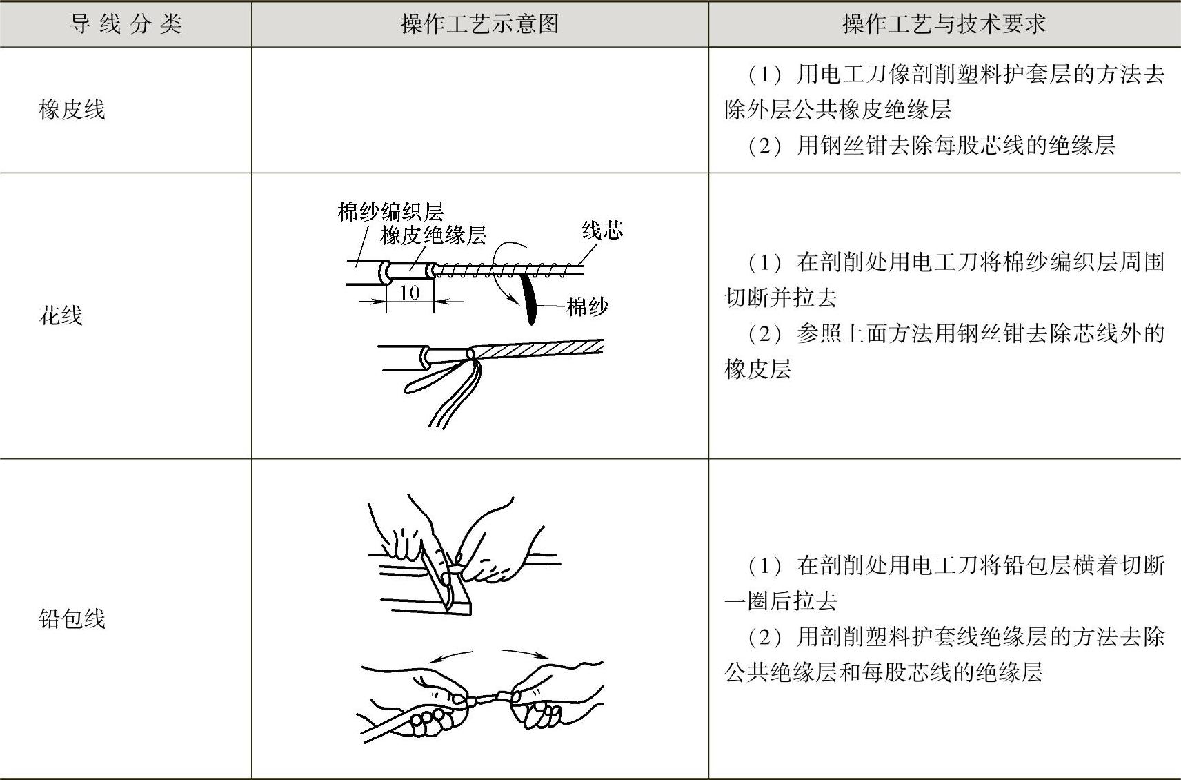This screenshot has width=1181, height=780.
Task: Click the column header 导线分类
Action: click(x=126, y=24)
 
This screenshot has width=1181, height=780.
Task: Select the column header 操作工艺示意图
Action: click(x=479, y=24)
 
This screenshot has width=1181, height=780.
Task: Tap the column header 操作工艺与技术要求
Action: click(x=944, y=24)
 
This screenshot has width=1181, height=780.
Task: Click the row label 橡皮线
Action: click(x=72, y=110)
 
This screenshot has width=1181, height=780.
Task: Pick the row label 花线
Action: click(x=61, y=315)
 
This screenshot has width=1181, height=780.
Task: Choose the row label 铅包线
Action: click(x=72, y=618)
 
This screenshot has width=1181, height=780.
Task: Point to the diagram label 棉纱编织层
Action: click(x=390, y=211)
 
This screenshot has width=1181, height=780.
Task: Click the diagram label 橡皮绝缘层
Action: click(x=433, y=235)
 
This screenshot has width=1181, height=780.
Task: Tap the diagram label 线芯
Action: click(x=602, y=230)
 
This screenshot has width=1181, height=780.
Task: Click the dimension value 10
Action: click(x=409, y=293)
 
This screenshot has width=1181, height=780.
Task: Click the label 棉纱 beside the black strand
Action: click(x=587, y=306)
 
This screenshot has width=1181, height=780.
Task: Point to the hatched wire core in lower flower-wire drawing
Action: click(x=538, y=349)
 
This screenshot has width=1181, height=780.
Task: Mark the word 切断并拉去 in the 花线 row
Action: click(x=781, y=298)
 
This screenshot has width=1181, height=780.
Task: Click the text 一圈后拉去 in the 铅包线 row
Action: click(x=781, y=601)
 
